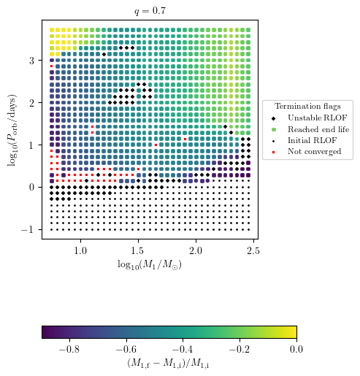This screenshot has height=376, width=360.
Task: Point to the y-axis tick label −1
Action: (x=30, y=229)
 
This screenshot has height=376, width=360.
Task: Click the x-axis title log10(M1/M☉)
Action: (x=150, y=264)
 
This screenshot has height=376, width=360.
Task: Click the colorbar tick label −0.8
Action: (x=68, y=349)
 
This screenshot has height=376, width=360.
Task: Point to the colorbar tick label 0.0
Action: (x=296, y=349)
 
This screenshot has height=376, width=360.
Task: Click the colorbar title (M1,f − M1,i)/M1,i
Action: (x=169, y=363)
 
